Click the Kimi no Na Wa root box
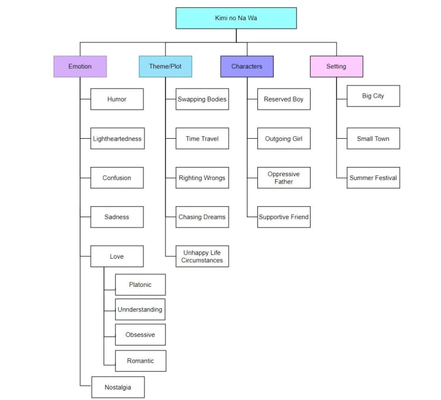click(236, 18)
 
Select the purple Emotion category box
click(80, 66)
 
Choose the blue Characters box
click(247, 66)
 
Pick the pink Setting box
click(336, 66)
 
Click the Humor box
click(117, 99)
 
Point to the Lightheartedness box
click(117, 139)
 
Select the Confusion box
click(117, 178)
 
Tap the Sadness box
click(117, 217)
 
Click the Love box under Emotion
click(117, 256)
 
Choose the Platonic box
click(140, 284)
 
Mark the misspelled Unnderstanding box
click(140, 309)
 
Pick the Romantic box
click(140, 361)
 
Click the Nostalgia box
click(118, 387)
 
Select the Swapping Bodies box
click(202, 99)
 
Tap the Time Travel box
click(202, 139)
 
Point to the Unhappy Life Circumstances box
click(202, 256)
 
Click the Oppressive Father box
click(284, 178)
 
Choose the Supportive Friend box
click(284, 217)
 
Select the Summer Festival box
click(373, 178)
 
